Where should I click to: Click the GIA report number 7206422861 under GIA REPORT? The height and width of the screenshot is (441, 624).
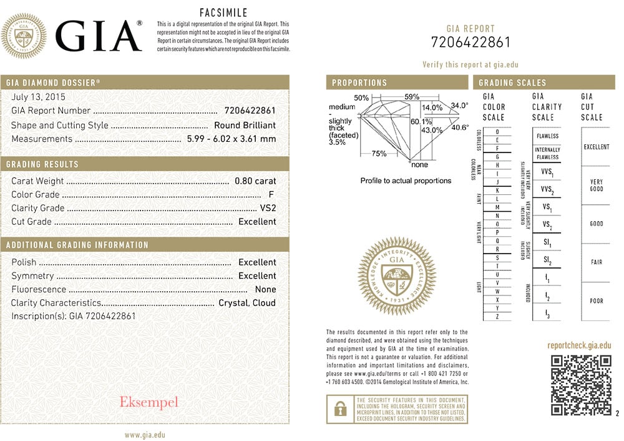pos(470,42)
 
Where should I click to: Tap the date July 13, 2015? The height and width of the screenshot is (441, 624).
pos(38,97)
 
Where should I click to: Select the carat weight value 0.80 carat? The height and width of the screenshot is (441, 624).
pos(255,181)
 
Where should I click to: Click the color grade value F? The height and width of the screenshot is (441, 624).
pos(271,195)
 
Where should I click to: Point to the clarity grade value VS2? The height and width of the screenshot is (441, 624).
pos(268,208)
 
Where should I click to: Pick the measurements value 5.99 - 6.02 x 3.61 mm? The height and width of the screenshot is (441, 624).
pos(232,139)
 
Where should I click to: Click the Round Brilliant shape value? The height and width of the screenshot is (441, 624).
pos(245,126)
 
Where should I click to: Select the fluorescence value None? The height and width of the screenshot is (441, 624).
pos(265,289)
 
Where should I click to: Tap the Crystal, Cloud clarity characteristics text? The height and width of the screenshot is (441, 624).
pos(247,303)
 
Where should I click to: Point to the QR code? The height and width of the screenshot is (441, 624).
pos(581,385)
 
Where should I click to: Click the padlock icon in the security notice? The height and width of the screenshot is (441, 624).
pos(340,409)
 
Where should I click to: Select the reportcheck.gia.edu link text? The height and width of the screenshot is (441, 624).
pos(579,345)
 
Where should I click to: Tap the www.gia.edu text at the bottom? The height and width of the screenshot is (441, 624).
pos(145,435)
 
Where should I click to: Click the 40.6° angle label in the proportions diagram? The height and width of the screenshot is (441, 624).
pos(460,127)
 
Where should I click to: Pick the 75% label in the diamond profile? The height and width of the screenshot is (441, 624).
pos(379,154)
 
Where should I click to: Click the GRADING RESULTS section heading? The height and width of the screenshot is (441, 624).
pos(42,164)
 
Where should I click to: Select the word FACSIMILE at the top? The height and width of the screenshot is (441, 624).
pos(223,12)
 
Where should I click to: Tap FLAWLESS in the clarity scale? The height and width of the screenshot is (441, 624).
pos(547,136)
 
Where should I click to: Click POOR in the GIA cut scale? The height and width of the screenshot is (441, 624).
pos(597,301)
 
